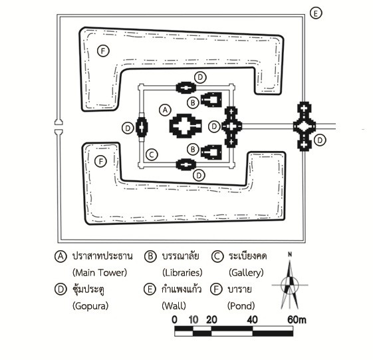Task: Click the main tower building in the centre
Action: click(x=186, y=126)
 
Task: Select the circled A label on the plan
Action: click(x=165, y=110)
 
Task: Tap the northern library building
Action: click(x=211, y=100)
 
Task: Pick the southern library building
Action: click(x=211, y=152)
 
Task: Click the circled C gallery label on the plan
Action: click(x=152, y=154)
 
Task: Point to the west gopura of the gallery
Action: click(x=142, y=127)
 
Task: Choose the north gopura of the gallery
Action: click(x=186, y=88)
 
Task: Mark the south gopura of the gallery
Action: click(x=186, y=164)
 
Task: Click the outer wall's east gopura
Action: click(x=305, y=126)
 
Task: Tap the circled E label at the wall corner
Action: click(x=316, y=13)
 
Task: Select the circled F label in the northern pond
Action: click(x=103, y=51)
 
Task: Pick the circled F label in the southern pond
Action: click(x=100, y=162)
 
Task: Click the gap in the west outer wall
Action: click(x=59, y=126)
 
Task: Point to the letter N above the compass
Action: click(x=290, y=254)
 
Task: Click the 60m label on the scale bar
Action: click(x=297, y=320)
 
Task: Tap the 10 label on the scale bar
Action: click(x=193, y=320)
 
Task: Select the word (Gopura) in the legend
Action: click(x=90, y=305)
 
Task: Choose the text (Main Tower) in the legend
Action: click(x=100, y=272)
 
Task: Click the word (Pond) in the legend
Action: click(x=241, y=305)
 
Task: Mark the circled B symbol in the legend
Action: click(x=150, y=256)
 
